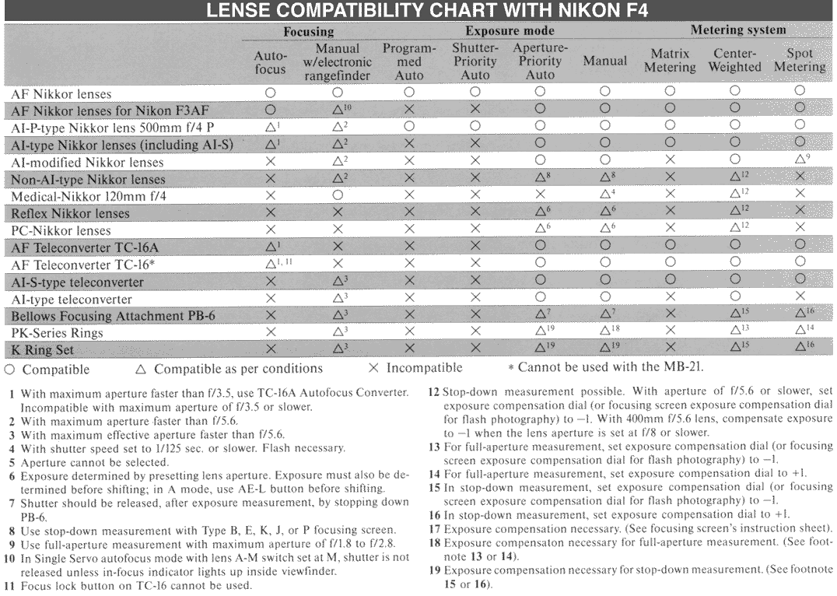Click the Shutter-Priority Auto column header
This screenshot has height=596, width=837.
pos(475,61)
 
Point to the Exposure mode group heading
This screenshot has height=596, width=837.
pos(510,32)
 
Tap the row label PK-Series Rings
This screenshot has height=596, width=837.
pos(57,333)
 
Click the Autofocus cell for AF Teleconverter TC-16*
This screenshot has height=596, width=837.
pos(271,265)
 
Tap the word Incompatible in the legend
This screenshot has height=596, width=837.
pos(424,368)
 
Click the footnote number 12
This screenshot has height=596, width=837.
pos(433,391)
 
